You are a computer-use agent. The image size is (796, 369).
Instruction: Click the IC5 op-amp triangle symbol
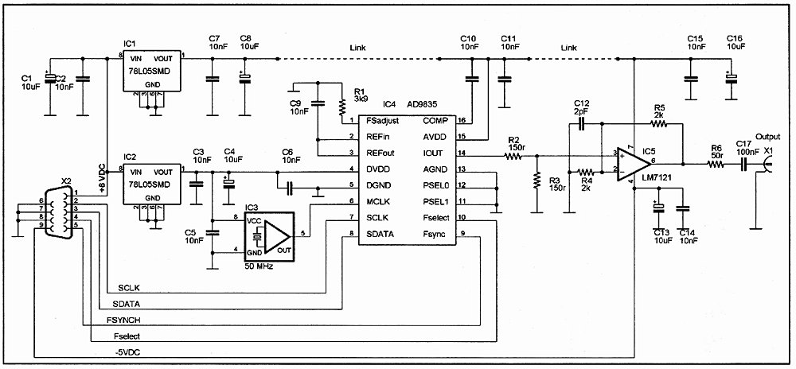click(x=633, y=163)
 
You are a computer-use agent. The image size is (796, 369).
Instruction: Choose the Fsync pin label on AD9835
click(x=435, y=234)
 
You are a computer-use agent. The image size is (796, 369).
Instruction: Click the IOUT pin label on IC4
click(x=433, y=153)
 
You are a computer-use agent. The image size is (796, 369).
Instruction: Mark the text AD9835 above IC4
click(x=423, y=104)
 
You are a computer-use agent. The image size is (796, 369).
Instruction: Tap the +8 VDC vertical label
click(x=102, y=178)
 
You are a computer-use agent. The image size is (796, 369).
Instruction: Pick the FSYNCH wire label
click(x=123, y=320)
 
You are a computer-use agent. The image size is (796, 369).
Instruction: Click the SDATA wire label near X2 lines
click(x=126, y=304)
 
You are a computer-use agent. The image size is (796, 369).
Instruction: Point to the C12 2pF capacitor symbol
click(x=582, y=122)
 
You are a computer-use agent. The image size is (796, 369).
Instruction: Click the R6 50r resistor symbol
click(x=716, y=164)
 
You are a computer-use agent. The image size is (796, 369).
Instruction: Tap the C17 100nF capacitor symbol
click(x=743, y=164)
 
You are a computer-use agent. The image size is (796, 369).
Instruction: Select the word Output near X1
click(x=768, y=136)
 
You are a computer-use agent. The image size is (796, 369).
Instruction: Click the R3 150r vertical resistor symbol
click(x=536, y=181)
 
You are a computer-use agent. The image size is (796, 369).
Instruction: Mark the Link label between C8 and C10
click(x=357, y=48)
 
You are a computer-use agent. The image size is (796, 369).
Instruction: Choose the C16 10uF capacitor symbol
click(x=731, y=79)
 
